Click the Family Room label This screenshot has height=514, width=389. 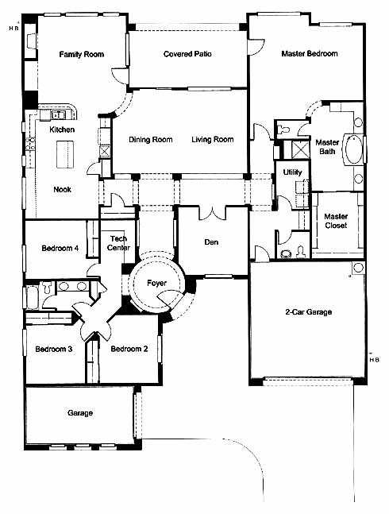point(82,54)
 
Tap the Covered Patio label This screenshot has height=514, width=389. point(187,54)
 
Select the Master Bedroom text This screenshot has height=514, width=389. point(310,53)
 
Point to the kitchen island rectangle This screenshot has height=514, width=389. point(65,154)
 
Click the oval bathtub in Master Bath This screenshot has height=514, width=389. point(354,149)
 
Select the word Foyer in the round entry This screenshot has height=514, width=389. point(157,283)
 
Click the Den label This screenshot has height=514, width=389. point(211,242)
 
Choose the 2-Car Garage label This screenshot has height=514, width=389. point(309,311)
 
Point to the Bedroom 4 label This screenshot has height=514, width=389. point(60,248)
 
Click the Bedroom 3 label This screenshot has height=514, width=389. point(54,349)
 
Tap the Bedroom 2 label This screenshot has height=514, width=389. point(129,349)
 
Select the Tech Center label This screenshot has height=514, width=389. point(118,243)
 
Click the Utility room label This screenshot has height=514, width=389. point(292,172)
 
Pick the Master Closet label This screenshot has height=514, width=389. point(336,221)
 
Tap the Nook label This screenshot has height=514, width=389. point(62,189)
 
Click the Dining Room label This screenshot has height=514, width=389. point(151,140)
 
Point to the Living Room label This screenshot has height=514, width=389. point(213,140)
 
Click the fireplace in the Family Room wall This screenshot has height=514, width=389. point(30,41)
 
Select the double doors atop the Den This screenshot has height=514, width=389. point(213,213)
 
